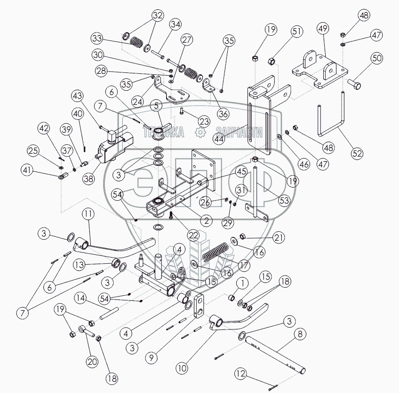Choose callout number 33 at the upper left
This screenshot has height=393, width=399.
97,38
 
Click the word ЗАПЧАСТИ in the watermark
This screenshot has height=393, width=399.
239,133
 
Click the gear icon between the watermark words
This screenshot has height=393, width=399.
199,133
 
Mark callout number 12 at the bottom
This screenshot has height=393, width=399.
241,374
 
